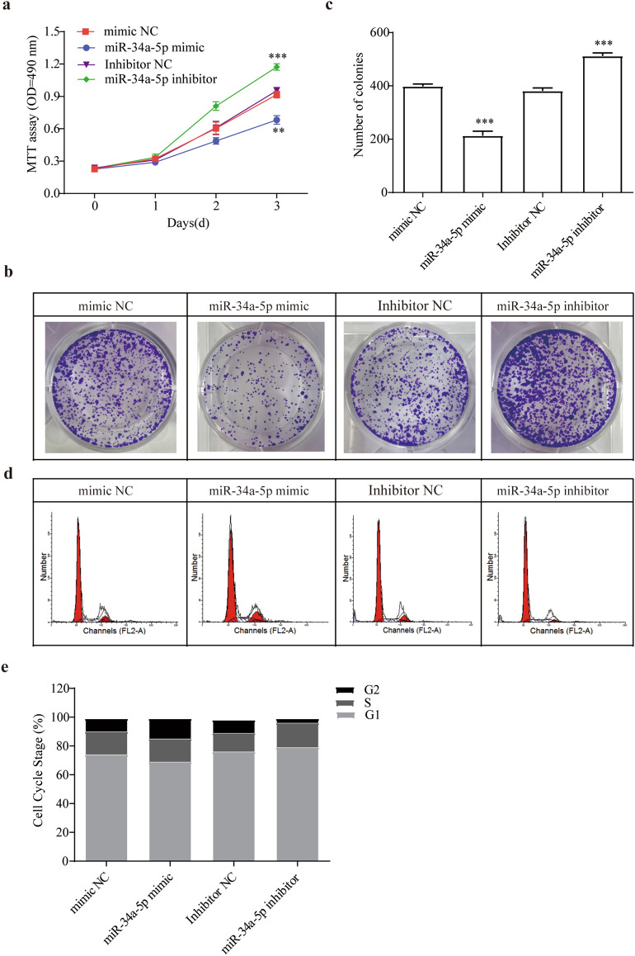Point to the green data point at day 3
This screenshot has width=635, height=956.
pos(277,67)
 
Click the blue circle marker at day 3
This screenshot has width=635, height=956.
pos(277,120)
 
